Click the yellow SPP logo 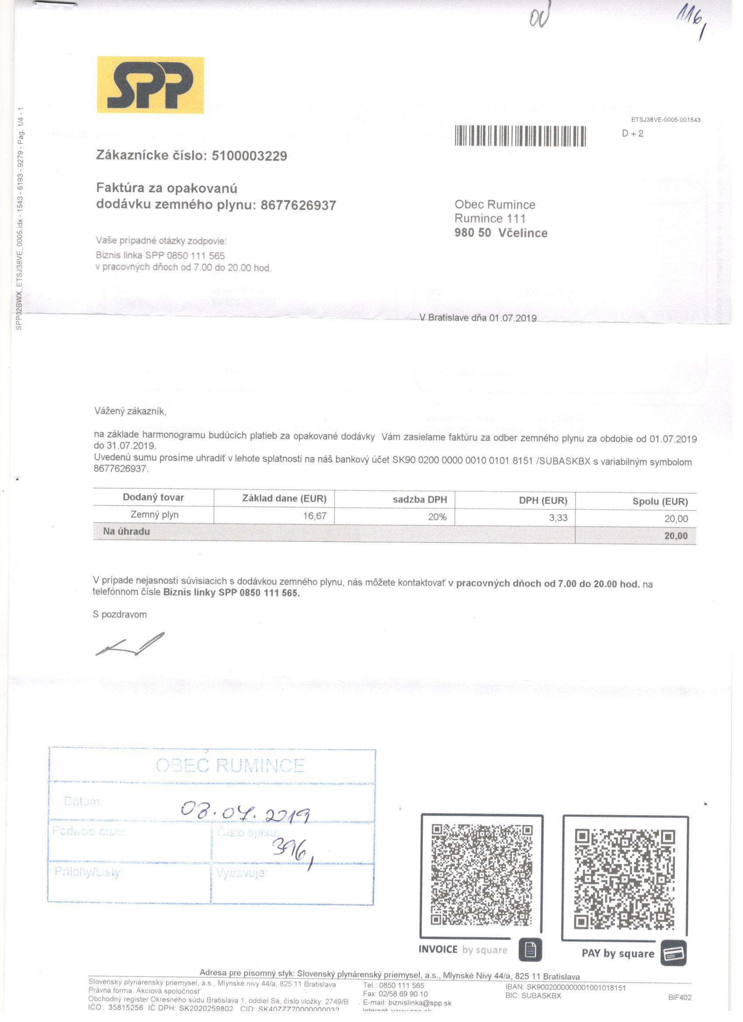pyautogui.click(x=150, y=85)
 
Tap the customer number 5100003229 pyautogui.click(x=249, y=156)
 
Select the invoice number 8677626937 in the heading pyautogui.click(x=298, y=205)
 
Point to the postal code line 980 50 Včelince pyautogui.click(x=500, y=233)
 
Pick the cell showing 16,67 pyautogui.click(x=315, y=516)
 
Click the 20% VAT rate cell pyautogui.click(x=437, y=517)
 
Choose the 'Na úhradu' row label pyautogui.click(x=126, y=531)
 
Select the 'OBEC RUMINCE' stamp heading pyautogui.click(x=230, y=765)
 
